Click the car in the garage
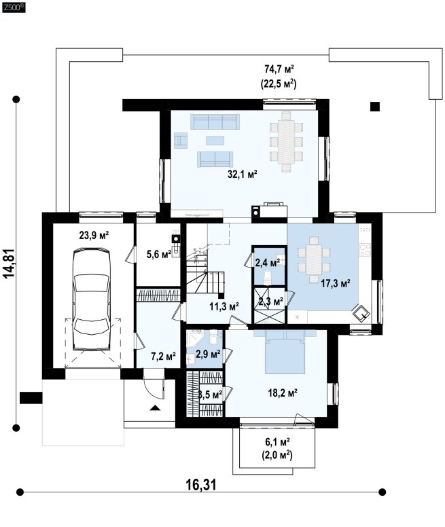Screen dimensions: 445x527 (x=92, y=299)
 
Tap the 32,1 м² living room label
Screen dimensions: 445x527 (x=243, y=174)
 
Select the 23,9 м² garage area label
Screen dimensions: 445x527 (x=94, y=235)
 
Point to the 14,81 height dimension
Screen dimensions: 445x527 (x=10, y=263)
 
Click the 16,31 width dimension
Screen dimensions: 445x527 (x=201, y=485)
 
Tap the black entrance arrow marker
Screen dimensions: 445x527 (x=155, y=408)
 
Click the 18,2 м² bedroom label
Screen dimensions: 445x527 (x=283, y=393)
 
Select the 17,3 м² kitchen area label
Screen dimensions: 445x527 (x=336, y=283)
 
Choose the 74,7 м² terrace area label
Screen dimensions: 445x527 (x=279, y=69)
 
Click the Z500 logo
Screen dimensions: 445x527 (x=14, y=7)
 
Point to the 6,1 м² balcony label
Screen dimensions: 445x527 (x=277, y=441)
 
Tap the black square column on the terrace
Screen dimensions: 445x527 (x=375, y=107)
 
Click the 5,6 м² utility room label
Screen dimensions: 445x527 (x=159, y=254)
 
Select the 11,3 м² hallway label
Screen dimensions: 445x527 (x=224, y=306)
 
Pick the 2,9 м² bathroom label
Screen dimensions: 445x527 (x=208, y=354)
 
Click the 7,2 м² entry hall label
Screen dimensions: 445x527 (x=163, y=357)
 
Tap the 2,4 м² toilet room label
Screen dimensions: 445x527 (x=268, y=263)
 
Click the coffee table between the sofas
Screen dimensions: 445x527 (x=215, y=140)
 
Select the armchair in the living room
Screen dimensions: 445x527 (x=181, y=140)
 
